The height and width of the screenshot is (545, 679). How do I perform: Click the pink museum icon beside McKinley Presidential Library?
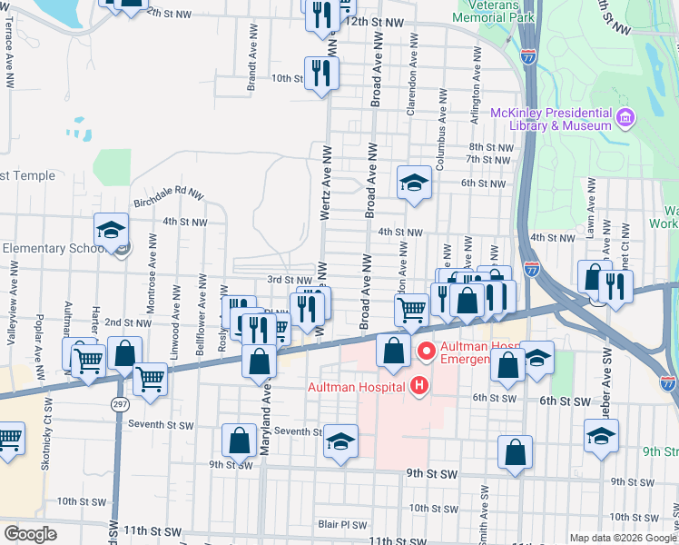point(625,118)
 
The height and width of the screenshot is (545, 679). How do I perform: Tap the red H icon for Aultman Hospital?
point(418,386)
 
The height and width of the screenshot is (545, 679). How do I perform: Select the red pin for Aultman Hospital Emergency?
point(425,350)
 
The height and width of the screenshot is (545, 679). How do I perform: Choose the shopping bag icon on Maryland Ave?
point(260,360)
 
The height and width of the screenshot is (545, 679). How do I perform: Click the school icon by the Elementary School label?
point(111,230)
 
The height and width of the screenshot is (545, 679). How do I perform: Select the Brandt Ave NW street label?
point(251,64)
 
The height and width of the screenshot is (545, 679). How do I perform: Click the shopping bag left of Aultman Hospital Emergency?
point(393,351)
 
